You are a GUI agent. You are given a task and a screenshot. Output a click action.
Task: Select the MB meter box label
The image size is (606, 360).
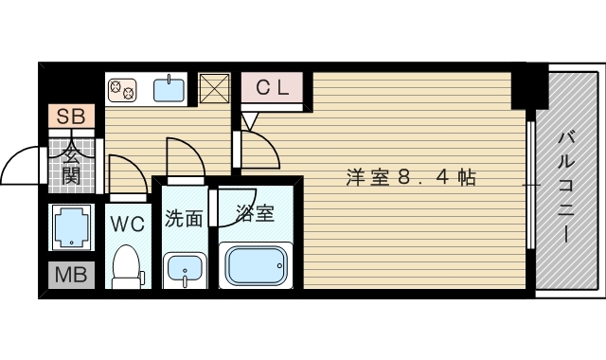coord(69,278)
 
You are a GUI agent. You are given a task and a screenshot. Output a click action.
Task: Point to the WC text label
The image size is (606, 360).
coord(127,224)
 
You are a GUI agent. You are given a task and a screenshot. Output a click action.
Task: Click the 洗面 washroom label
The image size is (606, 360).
coord(184,219)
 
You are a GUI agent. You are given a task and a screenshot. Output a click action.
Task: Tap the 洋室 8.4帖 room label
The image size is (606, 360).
coord(410,176)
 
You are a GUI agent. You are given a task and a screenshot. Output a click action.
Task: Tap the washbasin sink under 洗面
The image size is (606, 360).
coord(184,270)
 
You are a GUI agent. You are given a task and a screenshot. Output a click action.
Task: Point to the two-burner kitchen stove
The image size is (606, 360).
coord(122,90)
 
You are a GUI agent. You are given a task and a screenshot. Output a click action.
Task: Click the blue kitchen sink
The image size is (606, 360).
coord(169,89)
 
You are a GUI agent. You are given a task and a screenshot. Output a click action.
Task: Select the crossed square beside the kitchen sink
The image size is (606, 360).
coord(215,89)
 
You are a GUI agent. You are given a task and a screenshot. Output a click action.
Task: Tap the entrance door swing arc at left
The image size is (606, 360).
coord(21,167)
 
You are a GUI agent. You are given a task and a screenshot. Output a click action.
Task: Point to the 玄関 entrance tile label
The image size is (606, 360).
coord(71,163)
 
